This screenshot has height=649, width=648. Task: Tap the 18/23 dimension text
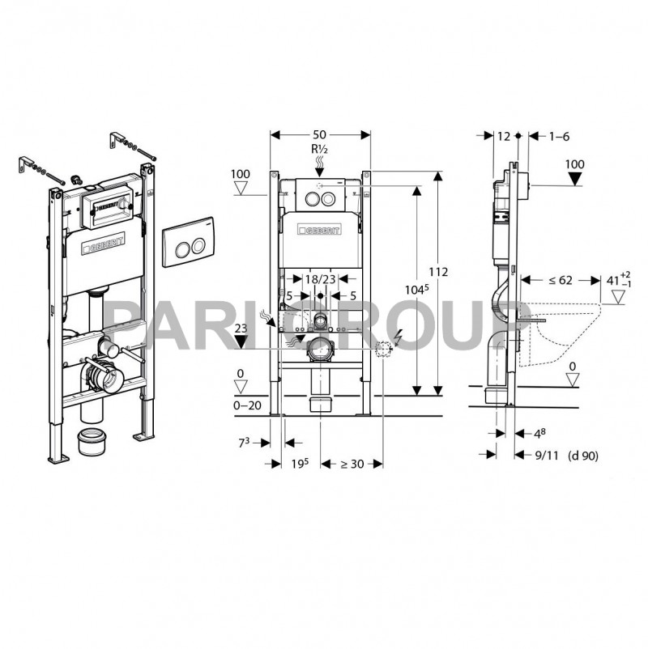tap(321, 279)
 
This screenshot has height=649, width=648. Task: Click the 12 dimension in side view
tap(504, 138)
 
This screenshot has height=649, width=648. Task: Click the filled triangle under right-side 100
tap(574, 180)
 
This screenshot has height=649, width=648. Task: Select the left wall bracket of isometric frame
tap(27, 165)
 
